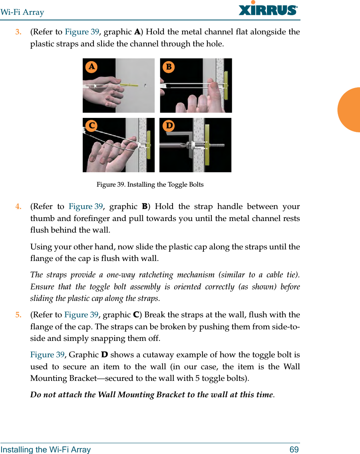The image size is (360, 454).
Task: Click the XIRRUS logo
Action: click(x=268, y=9)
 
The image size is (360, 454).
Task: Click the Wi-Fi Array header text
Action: click(x=22, y=12)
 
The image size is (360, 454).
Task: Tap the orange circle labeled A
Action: click(x=92, y=67)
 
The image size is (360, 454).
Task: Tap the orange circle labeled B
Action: click(x=169, y=67)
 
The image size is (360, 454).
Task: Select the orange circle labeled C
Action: click(x=91, y=125)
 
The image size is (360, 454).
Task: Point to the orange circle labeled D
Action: click(x=169, y=125)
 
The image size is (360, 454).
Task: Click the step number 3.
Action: click(x=18, y=32)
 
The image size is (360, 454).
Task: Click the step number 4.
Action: click(x=18, y=207)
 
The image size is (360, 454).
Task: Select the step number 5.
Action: click(x=18, y=315)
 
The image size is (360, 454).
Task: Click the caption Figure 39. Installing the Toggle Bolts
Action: click(x=150, y=185)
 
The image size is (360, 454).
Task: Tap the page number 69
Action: click(x=294, y=450)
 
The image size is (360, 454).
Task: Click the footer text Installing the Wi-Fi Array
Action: click(x=46, y=450)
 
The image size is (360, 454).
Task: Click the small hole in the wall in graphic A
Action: click(x=145, y=85)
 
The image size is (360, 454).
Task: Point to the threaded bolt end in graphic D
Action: click(x=218, y=145)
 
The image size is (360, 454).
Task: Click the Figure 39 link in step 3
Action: click(x=82, y=32)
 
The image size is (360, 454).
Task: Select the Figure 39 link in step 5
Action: click(x=82, y=315)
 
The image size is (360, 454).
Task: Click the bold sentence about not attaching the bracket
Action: click(x=152, y=395)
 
